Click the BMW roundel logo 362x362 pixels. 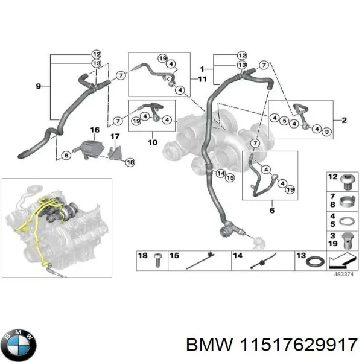(20, 345)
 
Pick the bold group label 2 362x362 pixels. (343, 121)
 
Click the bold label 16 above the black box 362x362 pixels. (94, 130)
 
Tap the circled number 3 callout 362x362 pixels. (326, 132)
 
